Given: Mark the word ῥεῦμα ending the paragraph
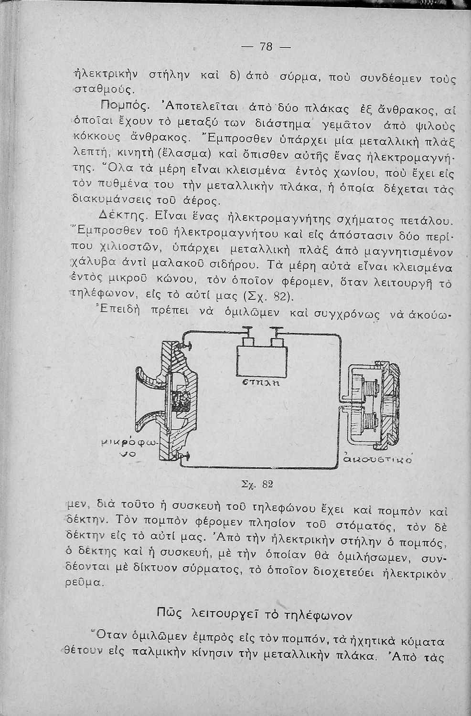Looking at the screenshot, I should (84, 583).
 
